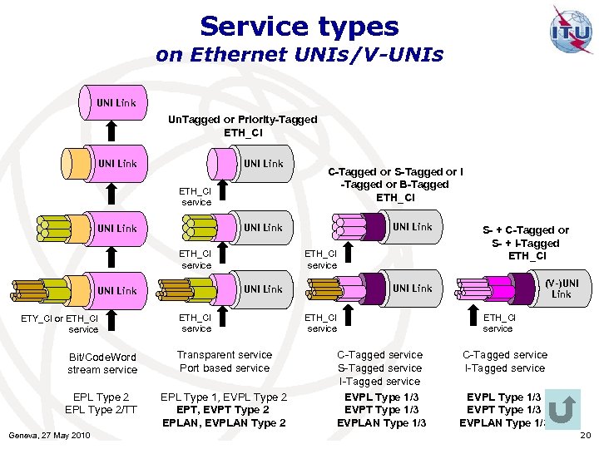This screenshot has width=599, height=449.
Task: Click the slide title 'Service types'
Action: pos(299,27)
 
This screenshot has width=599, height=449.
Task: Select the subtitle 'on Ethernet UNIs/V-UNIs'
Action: pos(299,56)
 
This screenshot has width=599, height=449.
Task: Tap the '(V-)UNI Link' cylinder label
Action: pos(562,289)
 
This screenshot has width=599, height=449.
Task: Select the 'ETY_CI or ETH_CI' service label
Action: pos(60,318)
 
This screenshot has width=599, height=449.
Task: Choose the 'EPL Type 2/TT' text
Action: pos(101,410)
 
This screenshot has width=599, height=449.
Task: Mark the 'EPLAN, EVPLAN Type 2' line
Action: pos(224,423)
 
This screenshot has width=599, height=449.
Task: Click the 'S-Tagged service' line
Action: pos(379,368)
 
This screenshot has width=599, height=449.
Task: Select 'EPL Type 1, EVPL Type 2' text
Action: pos(224,397)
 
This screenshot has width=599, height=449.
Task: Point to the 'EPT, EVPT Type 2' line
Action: pos(224,410)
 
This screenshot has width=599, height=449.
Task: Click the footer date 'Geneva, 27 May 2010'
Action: pos(48,436)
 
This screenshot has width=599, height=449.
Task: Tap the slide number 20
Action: pos(584,436)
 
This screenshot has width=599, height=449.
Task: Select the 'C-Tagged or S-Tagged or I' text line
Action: pos(395,172)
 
